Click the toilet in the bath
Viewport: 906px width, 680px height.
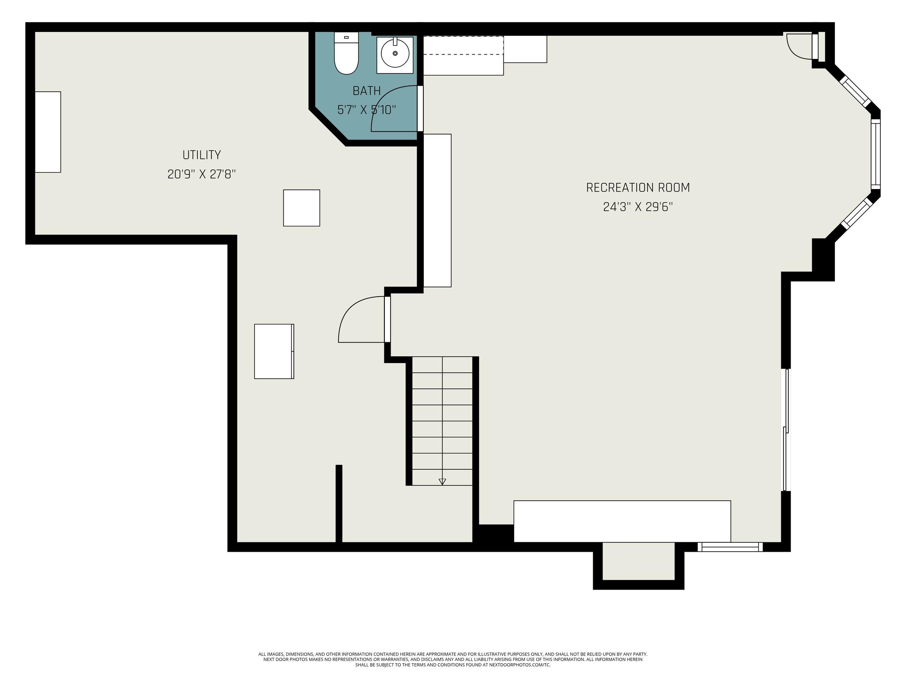point(346,53)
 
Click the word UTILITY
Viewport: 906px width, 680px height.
point(202,155)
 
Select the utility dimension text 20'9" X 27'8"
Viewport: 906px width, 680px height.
point(202,174)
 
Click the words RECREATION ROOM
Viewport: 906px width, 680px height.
point(638,188)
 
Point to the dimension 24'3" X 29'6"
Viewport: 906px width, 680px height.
point(638,207)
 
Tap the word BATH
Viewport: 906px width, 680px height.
point(367,91)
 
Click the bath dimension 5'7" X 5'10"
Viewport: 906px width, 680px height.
point(367,109)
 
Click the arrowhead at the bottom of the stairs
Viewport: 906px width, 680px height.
point(442,482)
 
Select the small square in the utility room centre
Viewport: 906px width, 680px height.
point(302,208)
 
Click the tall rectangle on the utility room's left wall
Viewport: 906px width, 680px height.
point(48,132)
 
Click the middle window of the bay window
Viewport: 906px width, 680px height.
point(876,154)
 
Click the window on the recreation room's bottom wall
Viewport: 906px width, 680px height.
point(730,547)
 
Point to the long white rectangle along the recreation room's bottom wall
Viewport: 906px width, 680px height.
point(622,521)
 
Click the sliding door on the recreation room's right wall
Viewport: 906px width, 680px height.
point(786,430)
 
